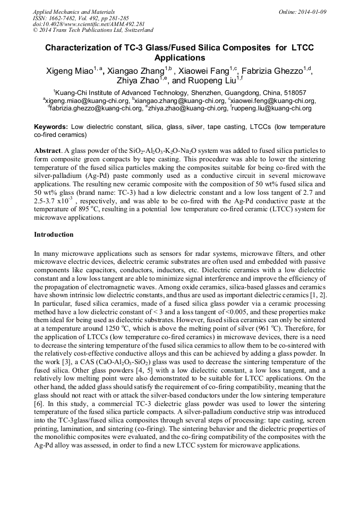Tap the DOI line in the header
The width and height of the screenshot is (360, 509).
89,24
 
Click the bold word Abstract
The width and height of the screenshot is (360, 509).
47,151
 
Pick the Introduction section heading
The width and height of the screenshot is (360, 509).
54,235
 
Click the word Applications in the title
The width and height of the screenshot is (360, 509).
179,58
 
